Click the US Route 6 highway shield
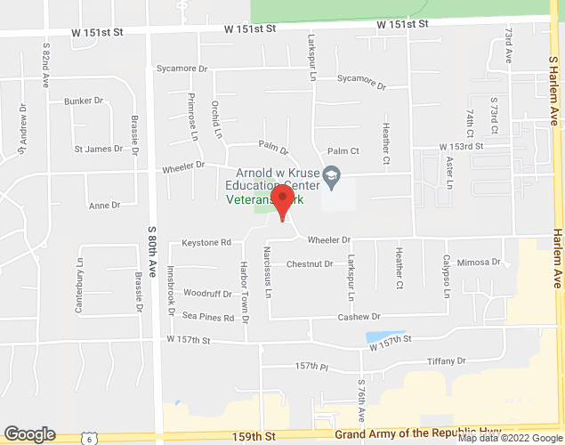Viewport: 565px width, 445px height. pyautogui.click(x=88, y=438)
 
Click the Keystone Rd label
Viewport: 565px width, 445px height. pyautogui.click(x=206, y=242)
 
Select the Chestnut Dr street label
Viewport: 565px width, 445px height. pyautogui.click(x=310, y=264)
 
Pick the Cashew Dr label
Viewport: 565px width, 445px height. pyautogui.click(x=359, y=317)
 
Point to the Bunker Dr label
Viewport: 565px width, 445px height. pyautogui.click(x=84, y=101)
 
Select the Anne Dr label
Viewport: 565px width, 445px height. pyautogui.click(x=104, y=206)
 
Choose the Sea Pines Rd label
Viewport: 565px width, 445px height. pyautogui.click(x=208, y=317)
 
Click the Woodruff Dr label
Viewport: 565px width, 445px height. pyautogui.click(x=207, y=293)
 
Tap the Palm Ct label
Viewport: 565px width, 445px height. pyautogui.click(x=343, y=151)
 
